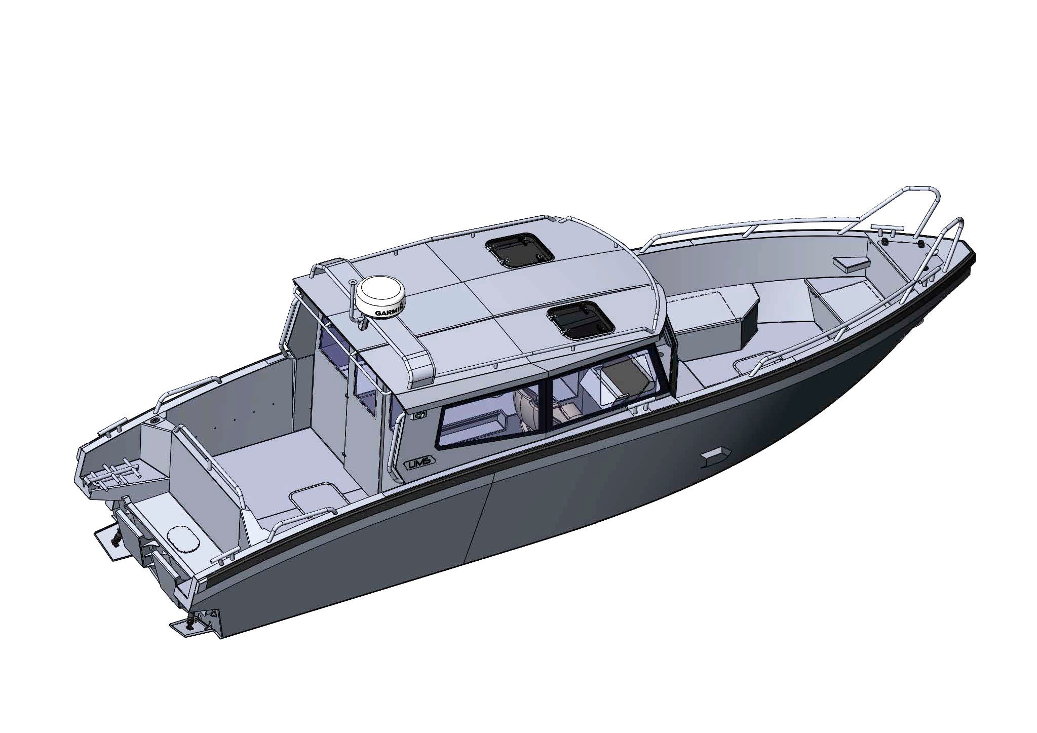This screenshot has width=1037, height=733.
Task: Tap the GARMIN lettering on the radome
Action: (x=390, y=310)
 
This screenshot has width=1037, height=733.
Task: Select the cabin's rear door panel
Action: (x=329, y=400)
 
